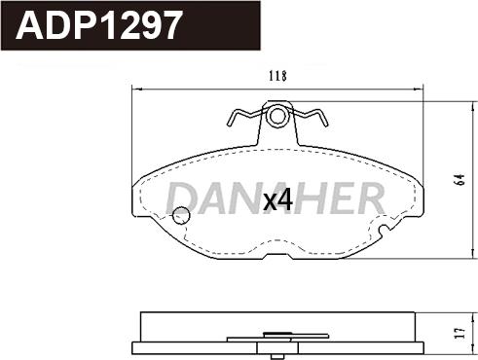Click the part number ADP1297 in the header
98,25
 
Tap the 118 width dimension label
277,76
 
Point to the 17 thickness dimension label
460,333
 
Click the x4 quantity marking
278,200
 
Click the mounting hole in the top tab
277,116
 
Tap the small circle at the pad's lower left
181,215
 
